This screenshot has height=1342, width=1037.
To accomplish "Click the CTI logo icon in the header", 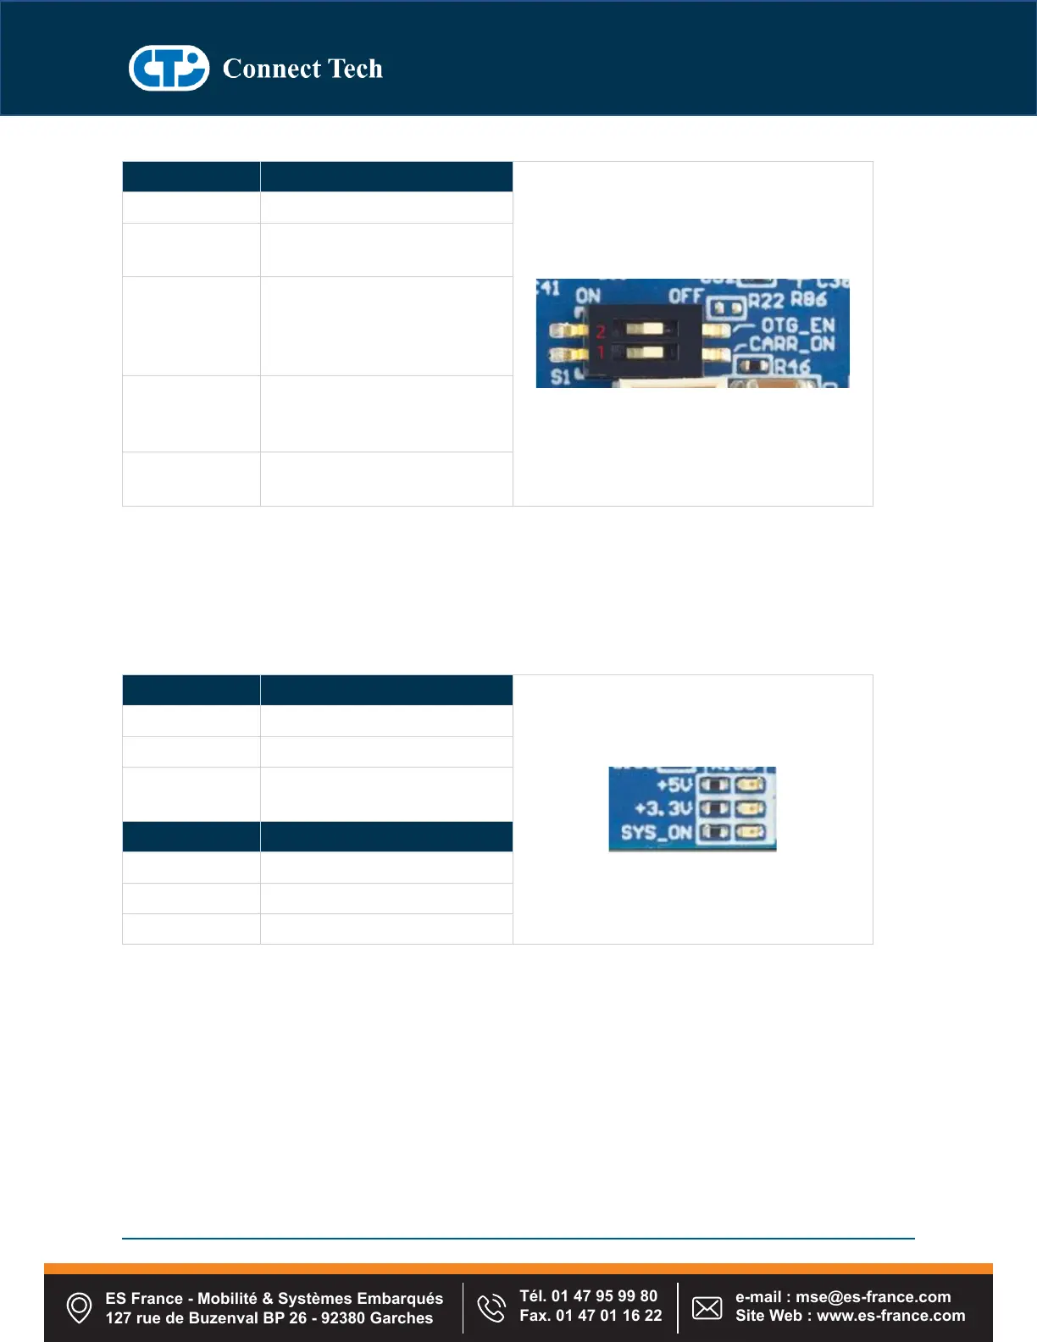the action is point(169,68).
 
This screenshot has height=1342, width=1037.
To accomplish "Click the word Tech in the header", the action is point(355,69).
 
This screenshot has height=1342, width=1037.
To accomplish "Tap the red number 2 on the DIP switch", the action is point(601,331).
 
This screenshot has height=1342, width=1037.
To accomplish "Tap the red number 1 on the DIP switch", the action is point(601,352).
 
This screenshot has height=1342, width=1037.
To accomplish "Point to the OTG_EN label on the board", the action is point(797,325).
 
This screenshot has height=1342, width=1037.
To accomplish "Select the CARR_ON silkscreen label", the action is point(791,345).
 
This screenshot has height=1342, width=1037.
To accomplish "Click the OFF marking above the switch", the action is point(685,296).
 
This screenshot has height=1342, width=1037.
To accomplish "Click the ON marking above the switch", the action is point(588,296).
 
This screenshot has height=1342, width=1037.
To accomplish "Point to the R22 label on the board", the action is point(765,300).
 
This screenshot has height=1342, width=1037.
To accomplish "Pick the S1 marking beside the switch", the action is point(560,377).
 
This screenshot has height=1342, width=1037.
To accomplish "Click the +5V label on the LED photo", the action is point(674,785).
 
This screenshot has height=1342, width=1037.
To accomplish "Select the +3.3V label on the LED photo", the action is point(663,808).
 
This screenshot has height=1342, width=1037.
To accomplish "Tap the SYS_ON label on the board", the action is point(656,832).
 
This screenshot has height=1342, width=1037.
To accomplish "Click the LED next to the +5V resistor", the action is point(751,785).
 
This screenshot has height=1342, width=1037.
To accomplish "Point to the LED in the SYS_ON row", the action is point(751,832).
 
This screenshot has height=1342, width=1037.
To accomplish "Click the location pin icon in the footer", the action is point(79,1307).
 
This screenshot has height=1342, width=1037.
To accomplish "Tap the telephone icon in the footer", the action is point(491,1307).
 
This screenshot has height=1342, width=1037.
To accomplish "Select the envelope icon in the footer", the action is point(707,1307).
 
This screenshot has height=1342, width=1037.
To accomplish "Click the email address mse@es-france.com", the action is point(873,1297).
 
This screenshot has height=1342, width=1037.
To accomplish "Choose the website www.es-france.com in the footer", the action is point(890,1316).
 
